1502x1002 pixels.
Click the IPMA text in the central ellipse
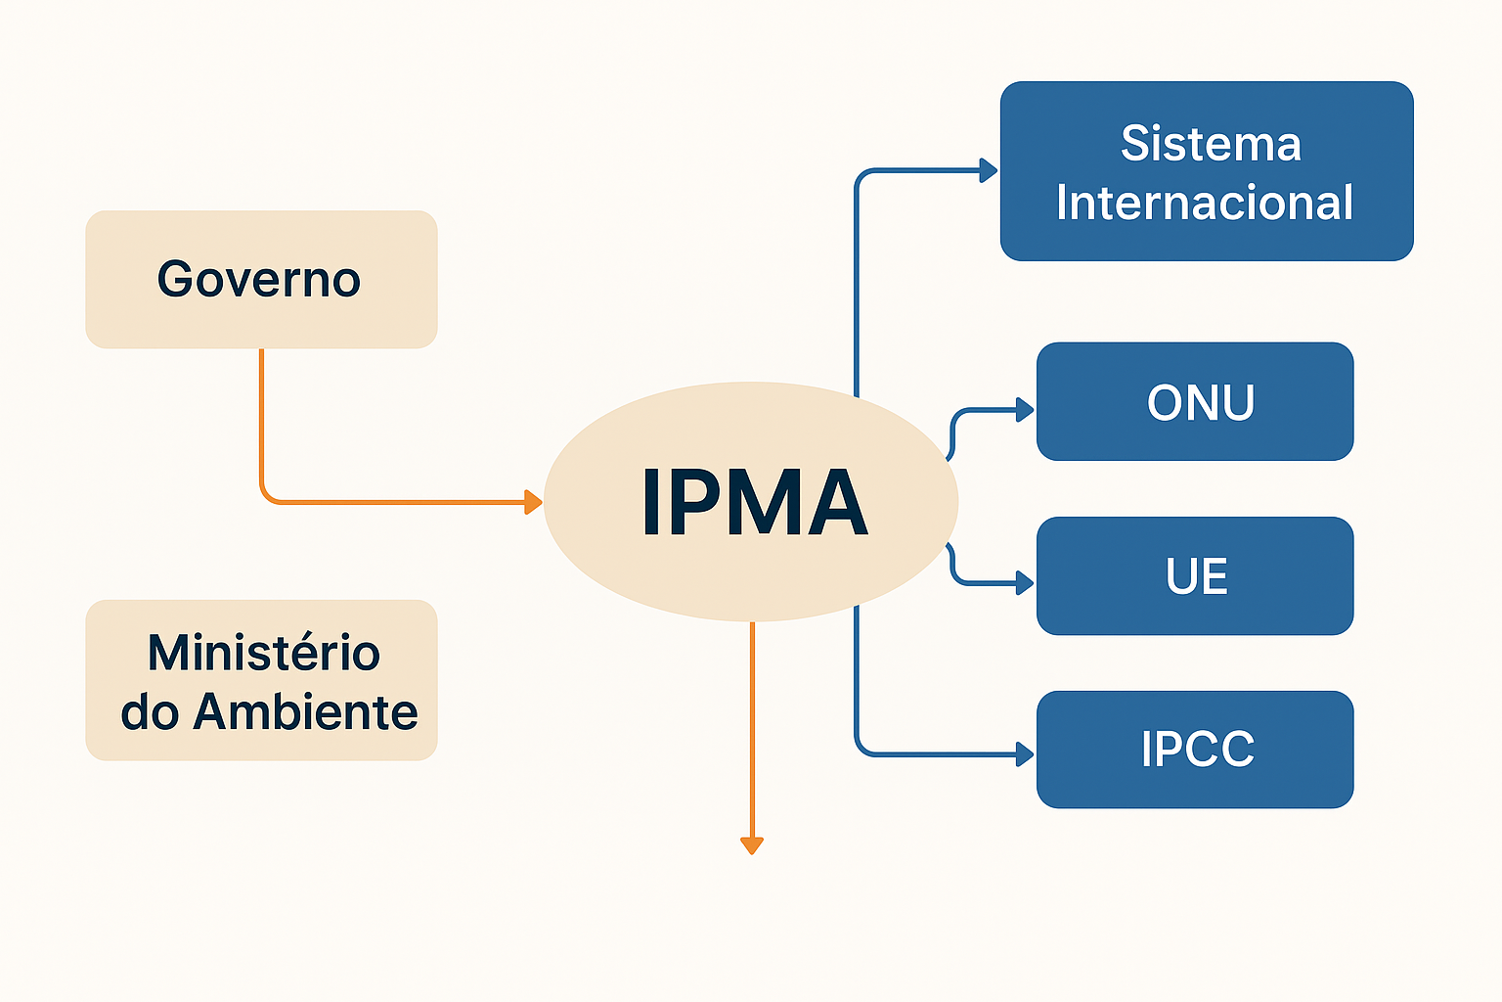coord(754,503)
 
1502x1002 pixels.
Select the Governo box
coord(261,280)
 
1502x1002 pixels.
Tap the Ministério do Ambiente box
coord(261,680)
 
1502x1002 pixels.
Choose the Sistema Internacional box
coord(1206,171)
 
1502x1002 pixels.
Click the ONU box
coord(1194,401)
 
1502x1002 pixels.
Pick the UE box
coord(1194,576)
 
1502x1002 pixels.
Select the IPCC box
coord(1194,750)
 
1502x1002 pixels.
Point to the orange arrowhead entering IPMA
coord(533,502)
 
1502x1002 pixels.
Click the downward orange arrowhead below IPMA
coord(751,845)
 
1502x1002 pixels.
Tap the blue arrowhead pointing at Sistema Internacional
coord(989,171)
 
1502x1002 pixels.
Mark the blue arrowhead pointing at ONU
coord(1025,410)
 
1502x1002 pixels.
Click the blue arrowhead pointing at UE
coord(1025,583)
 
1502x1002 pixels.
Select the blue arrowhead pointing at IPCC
coord(1025,754)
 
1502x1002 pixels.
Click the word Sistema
coord(1211,144)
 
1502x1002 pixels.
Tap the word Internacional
coord(1205,204)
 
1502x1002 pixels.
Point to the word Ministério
coord(264,653)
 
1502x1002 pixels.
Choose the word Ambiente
coord(305,711)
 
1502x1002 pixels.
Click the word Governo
coord(259,280)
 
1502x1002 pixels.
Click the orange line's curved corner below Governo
coord(267,496)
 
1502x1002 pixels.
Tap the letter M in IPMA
coord(759,503)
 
